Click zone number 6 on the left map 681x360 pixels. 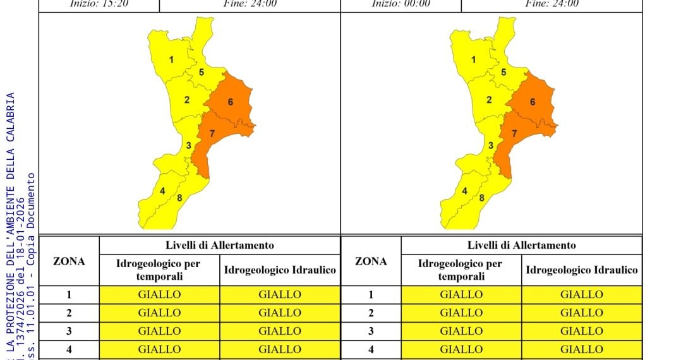pyautogui.click(x=231, y=102)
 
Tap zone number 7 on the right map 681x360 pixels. pyautogui.click(x=514, y=133)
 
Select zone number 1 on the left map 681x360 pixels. pyautogui.click(x=171, y=60)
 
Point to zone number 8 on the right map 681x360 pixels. pyautogui.click(x=482, y=198)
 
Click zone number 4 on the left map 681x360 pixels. pyautogui.click(x=162, y=191)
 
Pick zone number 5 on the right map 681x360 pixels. pyautogui.click(x=503, y=72)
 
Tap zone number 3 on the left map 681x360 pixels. pyautogui.click(x=188, y=146)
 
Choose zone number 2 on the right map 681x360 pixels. pyautogui.click(x=489, y=100)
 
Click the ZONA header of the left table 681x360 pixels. pyautogui.click(x=69, y=261)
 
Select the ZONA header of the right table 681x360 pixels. pyautogui.click(x=371, y=261)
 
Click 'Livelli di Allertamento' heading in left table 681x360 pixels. pyautogui.click(x=220, y=245)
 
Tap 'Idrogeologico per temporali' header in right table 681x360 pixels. pyautogui.click(x=461, y=270)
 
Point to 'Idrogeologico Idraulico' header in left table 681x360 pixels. pyautogui.click(x=280, y=270)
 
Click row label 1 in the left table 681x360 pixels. pyautogui.click(x=69, y=294)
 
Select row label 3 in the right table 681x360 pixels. pyautogui.click(x=371, y=330)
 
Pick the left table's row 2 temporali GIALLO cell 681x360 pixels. pyautogui.click(x=159, y=313)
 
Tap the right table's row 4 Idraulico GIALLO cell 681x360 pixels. pyautogui.click(x=581, y=349)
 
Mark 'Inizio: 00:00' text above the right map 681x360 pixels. pyautogui.click(x=401, y=3)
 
